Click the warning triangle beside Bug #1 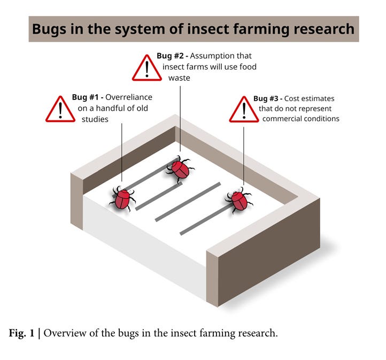click(60, 110)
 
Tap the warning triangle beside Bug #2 click(146, 68)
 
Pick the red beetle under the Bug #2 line click(180, 168)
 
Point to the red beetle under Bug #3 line click(240, 200)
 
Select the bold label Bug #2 click(171, 56)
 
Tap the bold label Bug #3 click(268, 98)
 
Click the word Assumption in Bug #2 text click(213, 56)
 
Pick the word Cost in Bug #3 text click(293, 98)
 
